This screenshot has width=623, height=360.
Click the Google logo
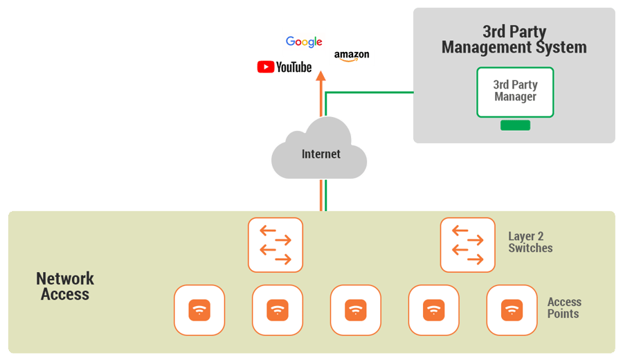click(304, 42)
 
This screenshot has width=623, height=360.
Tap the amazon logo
click(352, 56)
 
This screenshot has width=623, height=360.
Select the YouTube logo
click(285, 67)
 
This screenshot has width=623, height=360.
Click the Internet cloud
click(320, 150)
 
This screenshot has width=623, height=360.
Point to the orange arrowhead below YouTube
click(320, 78)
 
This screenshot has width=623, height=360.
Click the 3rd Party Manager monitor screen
click(515, 91)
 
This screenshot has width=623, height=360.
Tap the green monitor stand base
click(515, 125)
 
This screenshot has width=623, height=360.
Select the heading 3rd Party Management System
click(514, 40)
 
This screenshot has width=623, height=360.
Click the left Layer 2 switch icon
click(276, 245)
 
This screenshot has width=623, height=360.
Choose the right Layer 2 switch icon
click(467, 245)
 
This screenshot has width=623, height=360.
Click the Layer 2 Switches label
click(530, 242)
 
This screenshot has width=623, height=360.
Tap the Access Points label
click(564, 308)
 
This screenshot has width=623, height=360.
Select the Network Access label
click(65, 287)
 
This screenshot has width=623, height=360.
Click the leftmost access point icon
click(199, 310)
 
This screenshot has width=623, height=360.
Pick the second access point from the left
click(278, 310)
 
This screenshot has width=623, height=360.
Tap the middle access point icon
click(356, 310)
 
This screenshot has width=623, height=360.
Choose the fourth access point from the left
click(433, 310)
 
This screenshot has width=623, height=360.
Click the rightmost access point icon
click(512, 310)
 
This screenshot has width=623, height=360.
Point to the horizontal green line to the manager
click(370, 91)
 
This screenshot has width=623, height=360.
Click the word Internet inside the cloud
click(321, 154)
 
